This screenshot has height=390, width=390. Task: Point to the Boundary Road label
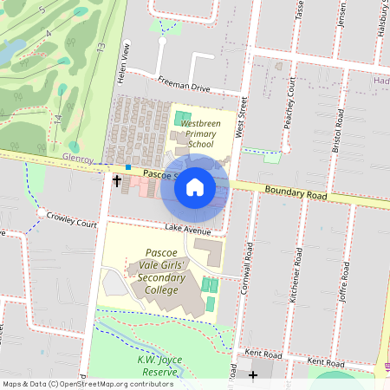coord(296,192)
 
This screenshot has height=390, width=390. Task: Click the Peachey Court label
coord(292,102)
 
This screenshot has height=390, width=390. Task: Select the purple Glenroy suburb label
coord(79,158)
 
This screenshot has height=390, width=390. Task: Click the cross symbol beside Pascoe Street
coord(117,181)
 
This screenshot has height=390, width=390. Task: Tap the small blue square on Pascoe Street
coord(128,166)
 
